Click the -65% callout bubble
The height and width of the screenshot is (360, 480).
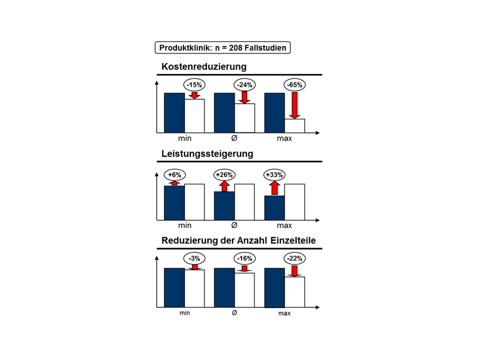point(294,85)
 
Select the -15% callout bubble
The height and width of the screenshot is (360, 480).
point(194,85)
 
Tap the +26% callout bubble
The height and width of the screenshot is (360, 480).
point(224,175)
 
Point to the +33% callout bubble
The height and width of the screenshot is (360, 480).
point(274,175)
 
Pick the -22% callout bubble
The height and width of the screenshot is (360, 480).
point(294,259)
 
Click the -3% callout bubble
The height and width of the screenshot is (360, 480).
point(194,259)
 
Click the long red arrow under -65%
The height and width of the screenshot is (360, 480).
point(294,105)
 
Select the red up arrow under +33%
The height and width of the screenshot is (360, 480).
point(274,188)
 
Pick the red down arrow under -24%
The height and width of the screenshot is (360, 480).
point(244,97)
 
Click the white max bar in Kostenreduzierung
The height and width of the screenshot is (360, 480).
point(294,125)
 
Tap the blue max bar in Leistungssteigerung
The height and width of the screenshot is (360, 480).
point(274,208)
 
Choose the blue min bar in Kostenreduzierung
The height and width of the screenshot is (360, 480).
point(174,113)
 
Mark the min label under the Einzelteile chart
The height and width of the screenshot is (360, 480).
point(185,313)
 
